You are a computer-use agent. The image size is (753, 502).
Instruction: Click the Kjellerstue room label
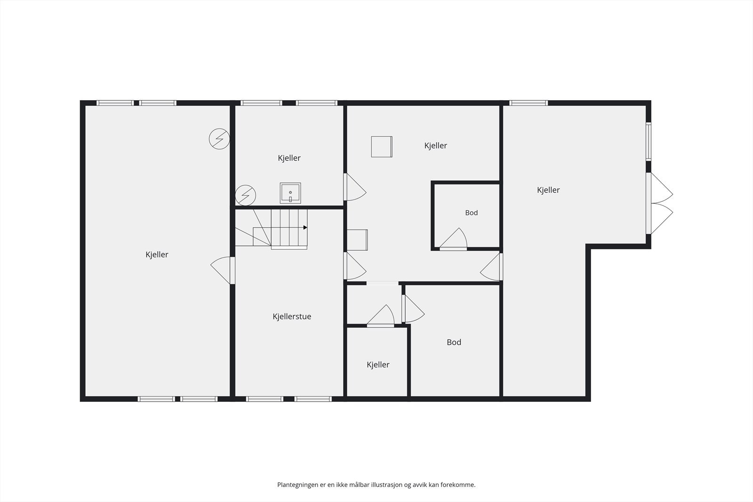(292, 317)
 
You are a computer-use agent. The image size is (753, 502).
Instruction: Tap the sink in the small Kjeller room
(290, 193)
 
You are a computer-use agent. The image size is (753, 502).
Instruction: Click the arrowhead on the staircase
(305, 228)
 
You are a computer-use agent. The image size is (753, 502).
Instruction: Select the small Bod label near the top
(471, 213)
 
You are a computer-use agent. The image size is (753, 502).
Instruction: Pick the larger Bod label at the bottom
(454, 342)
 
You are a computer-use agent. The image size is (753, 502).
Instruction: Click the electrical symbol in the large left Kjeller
(219, 139)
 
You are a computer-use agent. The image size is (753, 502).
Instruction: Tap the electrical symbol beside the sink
(245, 195)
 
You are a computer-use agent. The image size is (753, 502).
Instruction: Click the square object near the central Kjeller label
(382, 146)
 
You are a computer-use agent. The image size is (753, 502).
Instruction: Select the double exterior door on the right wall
(659, 203)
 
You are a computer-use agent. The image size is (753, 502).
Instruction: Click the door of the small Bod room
(453, 239)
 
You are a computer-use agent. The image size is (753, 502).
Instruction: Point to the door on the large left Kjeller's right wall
(223, 271)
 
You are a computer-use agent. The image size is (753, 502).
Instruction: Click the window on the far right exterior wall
(649, 141)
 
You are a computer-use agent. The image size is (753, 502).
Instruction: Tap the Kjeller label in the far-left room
(157, 255)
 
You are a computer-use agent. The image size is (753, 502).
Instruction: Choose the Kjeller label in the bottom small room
(378, 365)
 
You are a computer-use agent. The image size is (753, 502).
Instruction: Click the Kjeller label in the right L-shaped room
(548, 190)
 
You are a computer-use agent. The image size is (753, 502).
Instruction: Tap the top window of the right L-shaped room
(529, 103)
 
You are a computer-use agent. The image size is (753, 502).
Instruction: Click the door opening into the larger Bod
(413, 309)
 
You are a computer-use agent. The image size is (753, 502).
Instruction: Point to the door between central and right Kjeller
(491, 267)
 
